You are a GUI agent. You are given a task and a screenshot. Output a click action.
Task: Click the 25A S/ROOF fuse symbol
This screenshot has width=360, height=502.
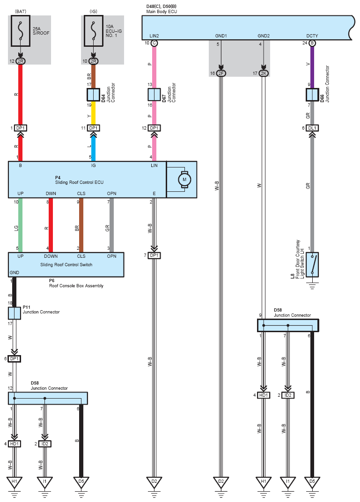(21, 31)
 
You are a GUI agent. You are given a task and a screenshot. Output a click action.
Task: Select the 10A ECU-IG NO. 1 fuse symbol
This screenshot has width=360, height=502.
(94, 31)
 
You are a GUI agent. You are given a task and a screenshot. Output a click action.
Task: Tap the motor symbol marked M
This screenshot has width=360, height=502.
(184, 180)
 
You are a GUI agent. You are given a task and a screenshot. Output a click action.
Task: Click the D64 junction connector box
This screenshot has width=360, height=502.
(93, 95)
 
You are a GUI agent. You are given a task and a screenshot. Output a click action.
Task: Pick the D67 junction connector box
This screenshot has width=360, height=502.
(154, 95)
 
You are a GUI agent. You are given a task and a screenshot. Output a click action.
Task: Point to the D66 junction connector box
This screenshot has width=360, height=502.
(312, 95)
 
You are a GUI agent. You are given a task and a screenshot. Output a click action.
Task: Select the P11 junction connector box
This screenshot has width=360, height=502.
(15, 313)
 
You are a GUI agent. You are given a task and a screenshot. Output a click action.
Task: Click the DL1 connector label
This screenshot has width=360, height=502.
(312, 128)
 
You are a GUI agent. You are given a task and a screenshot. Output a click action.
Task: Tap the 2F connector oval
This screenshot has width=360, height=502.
(221, 73)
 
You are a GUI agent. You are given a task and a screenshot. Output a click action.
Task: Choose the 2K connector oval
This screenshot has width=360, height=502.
(264, 73)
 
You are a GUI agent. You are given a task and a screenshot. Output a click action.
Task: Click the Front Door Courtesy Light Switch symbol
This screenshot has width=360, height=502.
(312, 265)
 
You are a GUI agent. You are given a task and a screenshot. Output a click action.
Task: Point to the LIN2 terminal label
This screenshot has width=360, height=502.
(154, 36)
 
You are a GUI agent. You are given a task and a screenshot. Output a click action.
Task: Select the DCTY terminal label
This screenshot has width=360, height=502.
(312, 36)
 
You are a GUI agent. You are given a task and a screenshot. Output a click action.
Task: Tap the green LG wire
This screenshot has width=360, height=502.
(21, 225)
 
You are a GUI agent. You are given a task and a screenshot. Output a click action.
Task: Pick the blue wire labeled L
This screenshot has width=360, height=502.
(93, 149)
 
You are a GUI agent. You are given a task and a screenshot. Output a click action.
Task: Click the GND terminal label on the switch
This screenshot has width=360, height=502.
(15, 273)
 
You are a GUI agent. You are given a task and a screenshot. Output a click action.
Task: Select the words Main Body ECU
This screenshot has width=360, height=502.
(162, 12)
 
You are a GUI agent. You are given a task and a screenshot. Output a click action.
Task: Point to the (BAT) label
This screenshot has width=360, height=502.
(21, 12)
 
